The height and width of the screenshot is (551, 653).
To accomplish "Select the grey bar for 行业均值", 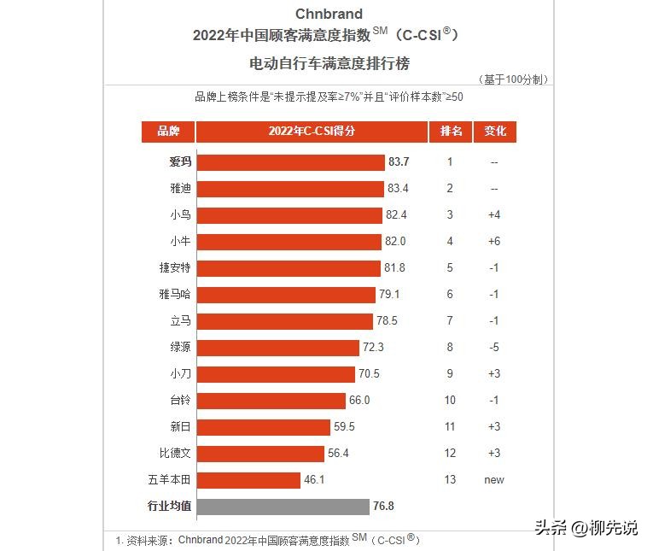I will coord(283,507).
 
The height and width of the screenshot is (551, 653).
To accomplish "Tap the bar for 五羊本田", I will coord(248,480).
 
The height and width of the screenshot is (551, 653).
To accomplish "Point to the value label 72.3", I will coord(373,348).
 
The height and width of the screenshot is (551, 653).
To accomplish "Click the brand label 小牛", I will coord(180,242).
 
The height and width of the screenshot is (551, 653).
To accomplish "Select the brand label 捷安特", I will coord(174,268).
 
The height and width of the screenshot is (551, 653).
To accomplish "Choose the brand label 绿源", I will coord(180,348).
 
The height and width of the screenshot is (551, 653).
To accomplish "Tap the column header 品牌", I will coord(168,132).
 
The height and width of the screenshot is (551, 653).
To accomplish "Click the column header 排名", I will coord(451,132).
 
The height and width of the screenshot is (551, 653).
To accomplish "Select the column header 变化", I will coord(495,132).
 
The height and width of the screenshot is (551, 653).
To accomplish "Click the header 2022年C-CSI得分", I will coord(312,132).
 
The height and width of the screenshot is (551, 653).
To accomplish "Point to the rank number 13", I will coord(450,480).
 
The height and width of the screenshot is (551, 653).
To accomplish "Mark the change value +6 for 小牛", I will coord(494,242).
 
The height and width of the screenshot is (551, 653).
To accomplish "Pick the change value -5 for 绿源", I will coord(494,348).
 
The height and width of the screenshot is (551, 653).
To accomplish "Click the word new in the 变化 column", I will coord(494,480).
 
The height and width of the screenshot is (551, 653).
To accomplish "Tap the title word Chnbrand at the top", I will coord(329,14).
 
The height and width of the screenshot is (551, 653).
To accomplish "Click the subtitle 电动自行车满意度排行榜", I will coord(329,64).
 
